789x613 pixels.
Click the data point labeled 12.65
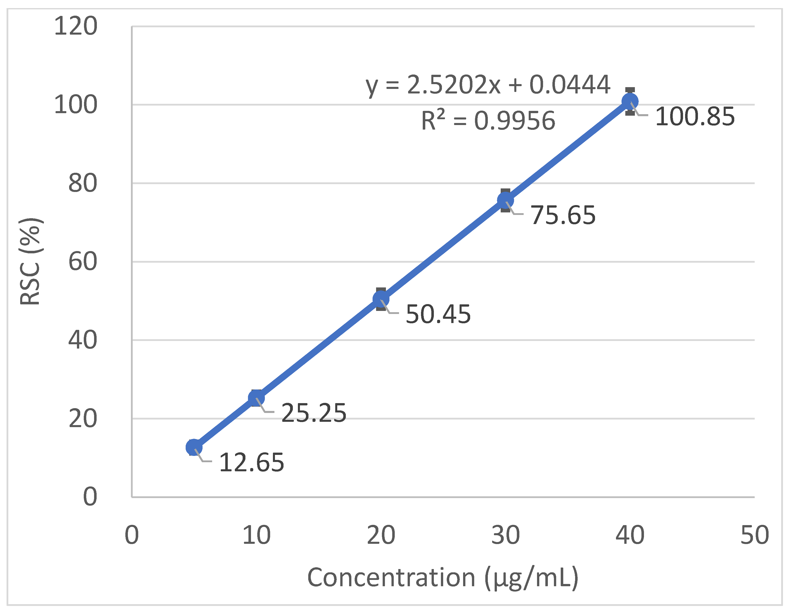pos(194,447)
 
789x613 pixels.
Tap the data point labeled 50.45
pos(381,299)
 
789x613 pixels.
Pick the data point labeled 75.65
pos(505,200)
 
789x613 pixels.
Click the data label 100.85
pos(695,117)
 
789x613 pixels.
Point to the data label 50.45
pos(438,314)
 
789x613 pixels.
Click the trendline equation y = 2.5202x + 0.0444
pos(488,85)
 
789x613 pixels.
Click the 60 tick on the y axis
pos(83,261)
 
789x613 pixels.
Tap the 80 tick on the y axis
pos(83,183)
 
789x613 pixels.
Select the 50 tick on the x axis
pos(755,535)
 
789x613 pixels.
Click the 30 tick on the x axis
pos(505,535)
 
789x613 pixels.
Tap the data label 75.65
pos(563,215)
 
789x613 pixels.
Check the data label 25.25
pos(314,413)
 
